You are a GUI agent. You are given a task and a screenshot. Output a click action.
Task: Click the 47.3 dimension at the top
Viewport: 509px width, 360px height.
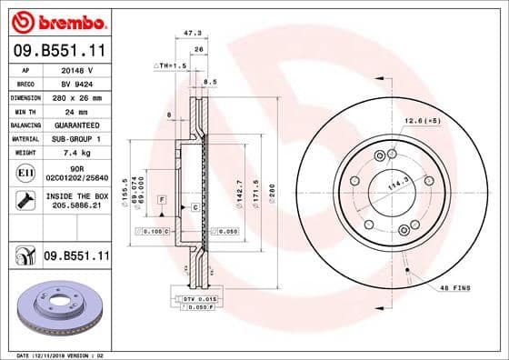point(192,33)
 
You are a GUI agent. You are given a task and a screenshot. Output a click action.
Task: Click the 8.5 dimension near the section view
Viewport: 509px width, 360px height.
point(210,82)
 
